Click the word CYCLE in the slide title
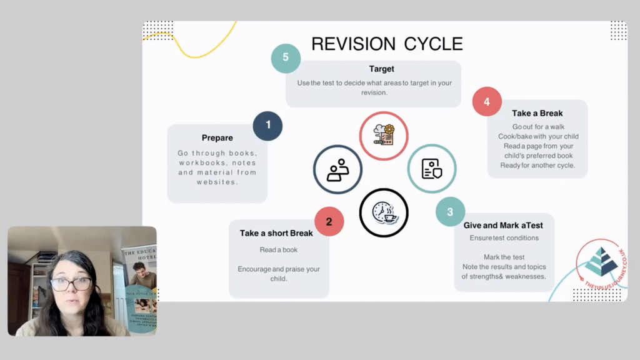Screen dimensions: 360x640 (433, 44)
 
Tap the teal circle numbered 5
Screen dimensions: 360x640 (286, 57)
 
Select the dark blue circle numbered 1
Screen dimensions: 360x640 (267, 125)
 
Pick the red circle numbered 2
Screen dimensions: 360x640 (329, 221)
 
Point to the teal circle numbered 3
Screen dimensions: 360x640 (450, 212)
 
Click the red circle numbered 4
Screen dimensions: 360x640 (487, 102)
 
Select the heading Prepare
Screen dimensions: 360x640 (217, 138)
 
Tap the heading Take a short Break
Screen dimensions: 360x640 (276, 233)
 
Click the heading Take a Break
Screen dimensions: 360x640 (537, 113)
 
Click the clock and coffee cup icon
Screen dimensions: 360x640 (383, 212)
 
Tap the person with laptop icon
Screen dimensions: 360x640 (337, 169)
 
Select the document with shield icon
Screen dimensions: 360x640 (431, 168)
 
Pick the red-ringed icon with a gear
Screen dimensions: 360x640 (383, 136)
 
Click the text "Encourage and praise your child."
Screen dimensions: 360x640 (279, 274)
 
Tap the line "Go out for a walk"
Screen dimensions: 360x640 (538, 127)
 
